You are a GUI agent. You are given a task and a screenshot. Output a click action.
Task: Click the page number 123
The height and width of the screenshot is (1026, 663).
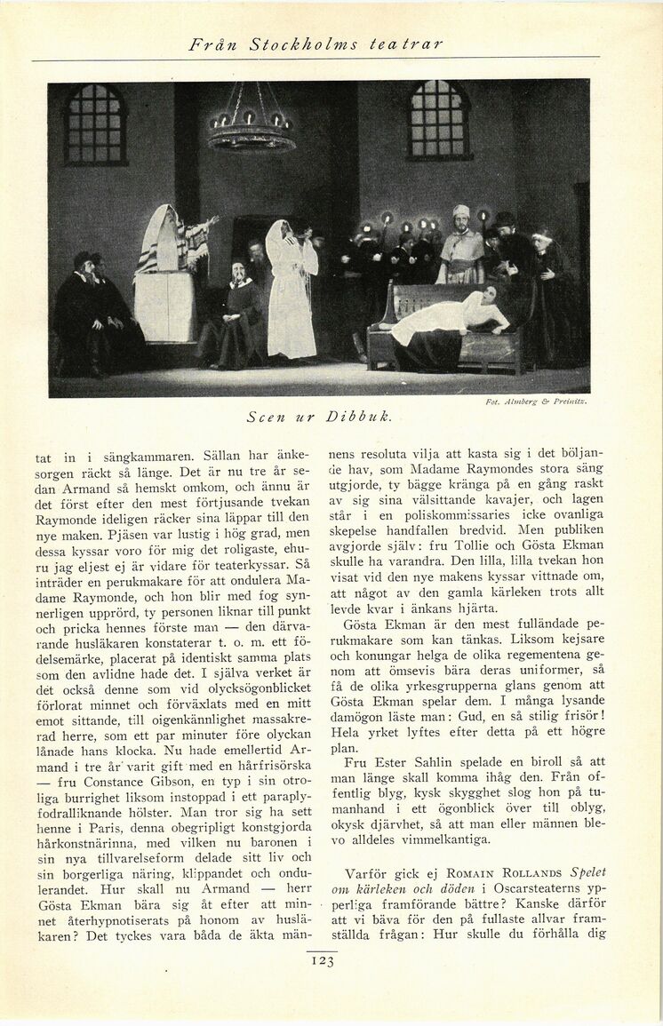323,960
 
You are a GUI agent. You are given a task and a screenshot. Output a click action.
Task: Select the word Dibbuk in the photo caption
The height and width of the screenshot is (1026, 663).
359,416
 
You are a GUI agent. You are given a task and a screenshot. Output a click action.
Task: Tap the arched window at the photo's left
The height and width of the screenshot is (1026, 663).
95,123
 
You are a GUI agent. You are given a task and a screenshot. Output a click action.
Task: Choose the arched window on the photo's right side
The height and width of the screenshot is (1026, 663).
438,120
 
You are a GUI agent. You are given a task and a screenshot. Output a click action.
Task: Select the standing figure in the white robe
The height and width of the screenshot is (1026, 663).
291,289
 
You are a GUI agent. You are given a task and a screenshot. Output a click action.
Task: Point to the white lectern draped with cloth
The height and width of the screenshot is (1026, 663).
164,293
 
